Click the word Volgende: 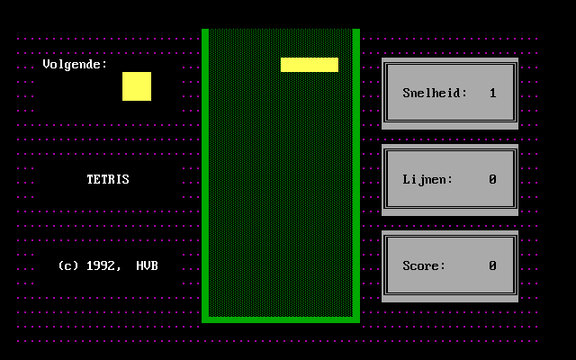[x=75, y=65]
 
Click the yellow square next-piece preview [x=137, y=86]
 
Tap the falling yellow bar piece [x=310, y=65]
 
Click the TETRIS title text [x=108, y=179]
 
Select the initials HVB [x=148, y=265]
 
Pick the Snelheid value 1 [x=493, y=93]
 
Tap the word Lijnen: [x=427, y=179]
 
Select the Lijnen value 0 [x=493, y=179]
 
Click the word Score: [x=424, y=265]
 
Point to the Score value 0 [x=493, y=265]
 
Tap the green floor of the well [x=281, y=319]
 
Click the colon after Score [x=443, y=266]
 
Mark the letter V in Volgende [x=47, y=65]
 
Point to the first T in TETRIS [x=90, y=179]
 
